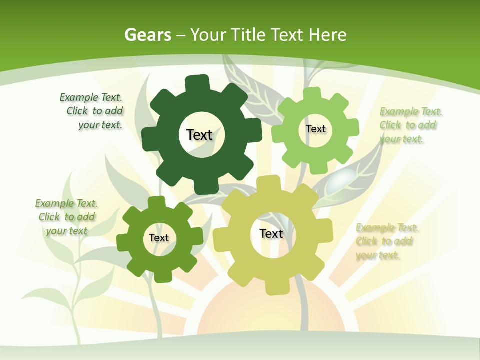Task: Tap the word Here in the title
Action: (x=327, y=35)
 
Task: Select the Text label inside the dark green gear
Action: (x=199, y=135)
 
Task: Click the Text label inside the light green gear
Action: (x=315, y=129)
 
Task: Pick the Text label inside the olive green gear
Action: (x=159, y=238)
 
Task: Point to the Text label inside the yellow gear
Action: (x=271, y=233)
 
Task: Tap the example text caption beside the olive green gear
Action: (x=66, y=217)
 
